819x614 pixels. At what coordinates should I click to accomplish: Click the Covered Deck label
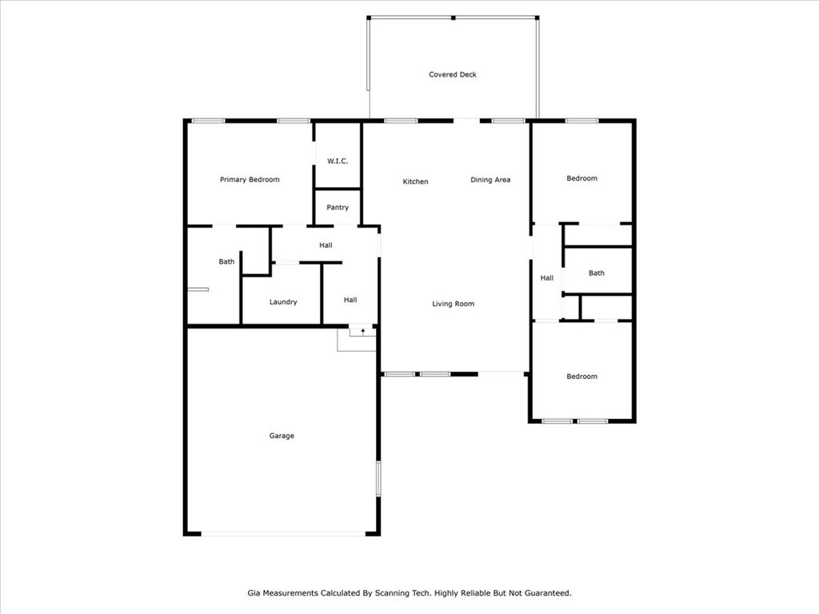pos(453,74)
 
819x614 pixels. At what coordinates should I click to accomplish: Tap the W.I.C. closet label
pos(338,161)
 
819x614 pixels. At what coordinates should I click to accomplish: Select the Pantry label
pos(338,207)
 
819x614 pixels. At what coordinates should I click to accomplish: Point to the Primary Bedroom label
pos(250,180)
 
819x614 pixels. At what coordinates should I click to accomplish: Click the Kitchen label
pos(415,181)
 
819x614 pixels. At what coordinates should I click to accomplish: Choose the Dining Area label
pos(490,180)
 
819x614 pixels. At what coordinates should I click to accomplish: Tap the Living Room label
pos(453,303)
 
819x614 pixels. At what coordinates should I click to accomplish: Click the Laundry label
pos(283,301)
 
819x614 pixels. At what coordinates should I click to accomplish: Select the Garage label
pos(282,436)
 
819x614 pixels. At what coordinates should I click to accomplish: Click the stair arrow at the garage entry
pos(363,331)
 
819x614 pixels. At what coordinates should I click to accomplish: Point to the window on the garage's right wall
pos(378,478)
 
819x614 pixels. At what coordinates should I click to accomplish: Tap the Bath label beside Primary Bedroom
pos(226,261)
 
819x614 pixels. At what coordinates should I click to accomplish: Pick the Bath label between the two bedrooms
pos(597,273)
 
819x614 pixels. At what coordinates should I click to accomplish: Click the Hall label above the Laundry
pos(326,245)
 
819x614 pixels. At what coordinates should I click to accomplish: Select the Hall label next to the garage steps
pos(350,300)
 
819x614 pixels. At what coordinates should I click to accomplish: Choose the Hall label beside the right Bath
pos(547,277)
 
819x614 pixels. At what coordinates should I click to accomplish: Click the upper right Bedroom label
pos(582,178)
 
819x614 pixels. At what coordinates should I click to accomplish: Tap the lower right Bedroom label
pos(582,377)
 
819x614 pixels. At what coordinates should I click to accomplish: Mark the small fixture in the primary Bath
pos(198,289)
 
